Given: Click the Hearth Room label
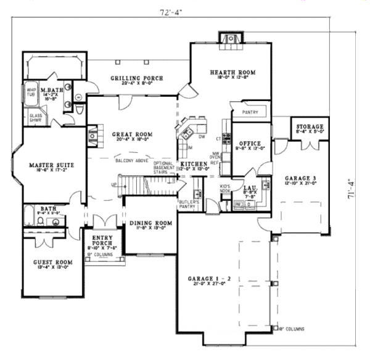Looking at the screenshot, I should (x=232, y=72).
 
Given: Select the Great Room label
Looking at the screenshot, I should (x=132, y=133).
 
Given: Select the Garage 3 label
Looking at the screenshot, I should (x=300, y=176).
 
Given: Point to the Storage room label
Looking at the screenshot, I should (x=310, y=126).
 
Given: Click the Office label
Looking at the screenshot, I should (x=249, y=144).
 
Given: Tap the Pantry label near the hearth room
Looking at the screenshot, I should (x=250, y=113).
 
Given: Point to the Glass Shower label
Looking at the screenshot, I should (x=36, y=117).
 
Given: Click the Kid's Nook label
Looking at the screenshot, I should (x=225, y=187).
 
